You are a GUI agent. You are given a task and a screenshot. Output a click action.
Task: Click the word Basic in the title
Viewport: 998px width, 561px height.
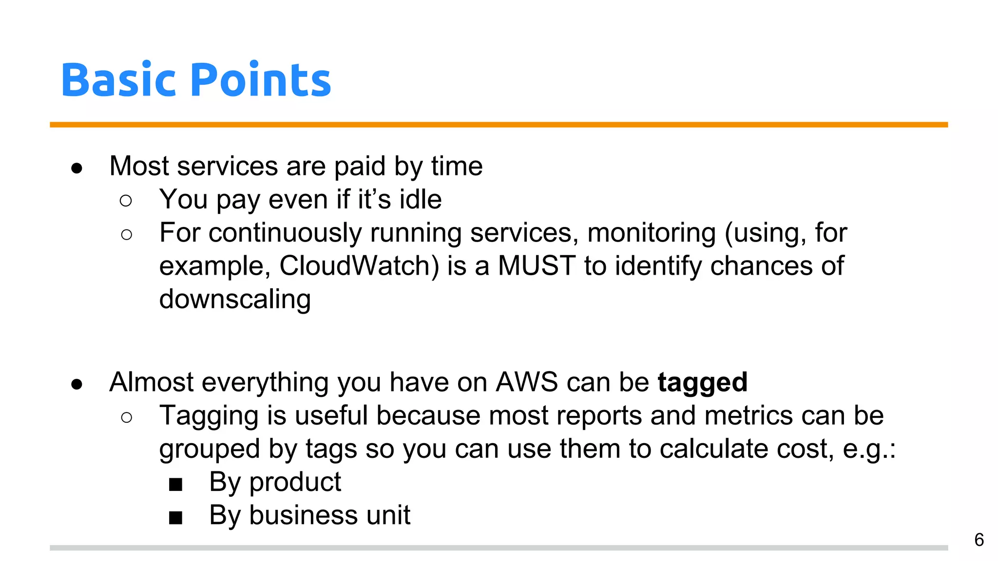(118, 80)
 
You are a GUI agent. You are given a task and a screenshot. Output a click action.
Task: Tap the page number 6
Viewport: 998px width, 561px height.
(979, 540)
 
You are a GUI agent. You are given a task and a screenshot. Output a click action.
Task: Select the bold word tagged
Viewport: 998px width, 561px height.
(702, 382)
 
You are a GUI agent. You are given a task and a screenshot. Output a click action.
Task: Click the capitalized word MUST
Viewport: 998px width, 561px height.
(537, 266)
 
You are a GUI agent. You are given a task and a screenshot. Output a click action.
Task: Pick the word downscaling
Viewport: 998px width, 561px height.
(235, 299)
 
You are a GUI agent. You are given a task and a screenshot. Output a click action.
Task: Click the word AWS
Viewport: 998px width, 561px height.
(526, 382)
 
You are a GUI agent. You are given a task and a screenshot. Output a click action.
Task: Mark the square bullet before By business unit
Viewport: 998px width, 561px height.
(175, 518)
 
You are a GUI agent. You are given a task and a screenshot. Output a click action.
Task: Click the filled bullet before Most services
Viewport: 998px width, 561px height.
(77, 168)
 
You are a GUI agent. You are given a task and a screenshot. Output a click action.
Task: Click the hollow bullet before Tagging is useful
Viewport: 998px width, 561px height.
(126, 417)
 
